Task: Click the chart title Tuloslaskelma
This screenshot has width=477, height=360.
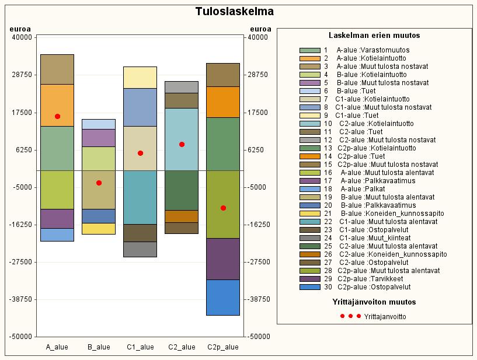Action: [x=234, y=12]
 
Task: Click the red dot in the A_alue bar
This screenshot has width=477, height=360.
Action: [x=57, y=117]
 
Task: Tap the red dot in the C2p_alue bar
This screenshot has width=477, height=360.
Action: [x=223, y=208]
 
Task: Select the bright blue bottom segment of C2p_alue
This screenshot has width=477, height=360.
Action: [x=223, y=298]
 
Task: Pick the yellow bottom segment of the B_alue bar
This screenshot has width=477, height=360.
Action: [x=99, y=229]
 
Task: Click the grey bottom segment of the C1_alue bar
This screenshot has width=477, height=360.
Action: [x=140, y=249]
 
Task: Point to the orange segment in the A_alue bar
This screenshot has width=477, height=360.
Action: [x=57, y=105]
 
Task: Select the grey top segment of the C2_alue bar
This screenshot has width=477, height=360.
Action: [x=182, y=88]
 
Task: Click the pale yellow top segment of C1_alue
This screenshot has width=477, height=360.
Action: [x=140, y=78]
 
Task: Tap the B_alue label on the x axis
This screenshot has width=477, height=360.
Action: [x=99, y=347]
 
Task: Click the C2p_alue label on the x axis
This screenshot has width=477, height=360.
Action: [x=223, y=347]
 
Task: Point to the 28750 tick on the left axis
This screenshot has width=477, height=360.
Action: [x=21, y=75]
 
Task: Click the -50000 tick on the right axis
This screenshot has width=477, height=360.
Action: [x=259, y=337]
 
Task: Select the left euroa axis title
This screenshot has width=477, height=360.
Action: [x=20, y=29]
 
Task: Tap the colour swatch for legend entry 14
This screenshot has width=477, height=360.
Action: [x=309, y=156]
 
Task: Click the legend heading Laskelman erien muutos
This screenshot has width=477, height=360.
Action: [x=374, y=35]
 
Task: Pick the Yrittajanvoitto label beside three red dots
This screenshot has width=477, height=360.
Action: [x=385, y=316]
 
